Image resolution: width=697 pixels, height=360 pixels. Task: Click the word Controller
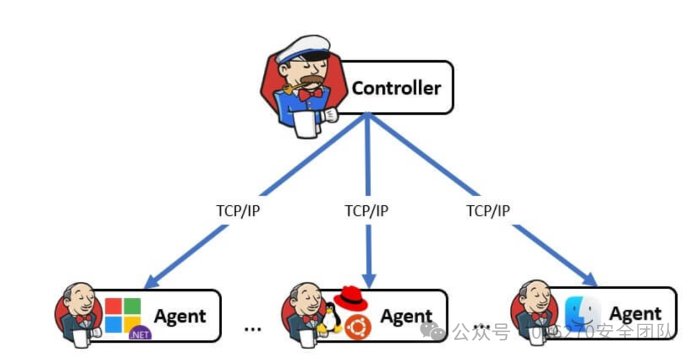396,88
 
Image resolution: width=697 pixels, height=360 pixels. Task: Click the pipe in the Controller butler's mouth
290,86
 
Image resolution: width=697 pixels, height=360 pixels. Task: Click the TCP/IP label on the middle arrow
367,211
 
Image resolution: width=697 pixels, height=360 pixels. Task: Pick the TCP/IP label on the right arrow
488,210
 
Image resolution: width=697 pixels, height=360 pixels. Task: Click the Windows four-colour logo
123,314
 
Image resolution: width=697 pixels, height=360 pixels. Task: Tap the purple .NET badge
140,334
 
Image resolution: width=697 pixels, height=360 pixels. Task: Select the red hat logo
350,295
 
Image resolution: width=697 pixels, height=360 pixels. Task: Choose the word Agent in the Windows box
179,316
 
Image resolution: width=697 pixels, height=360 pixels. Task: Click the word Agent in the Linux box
406,316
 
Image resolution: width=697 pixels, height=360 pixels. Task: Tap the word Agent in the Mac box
635,314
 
